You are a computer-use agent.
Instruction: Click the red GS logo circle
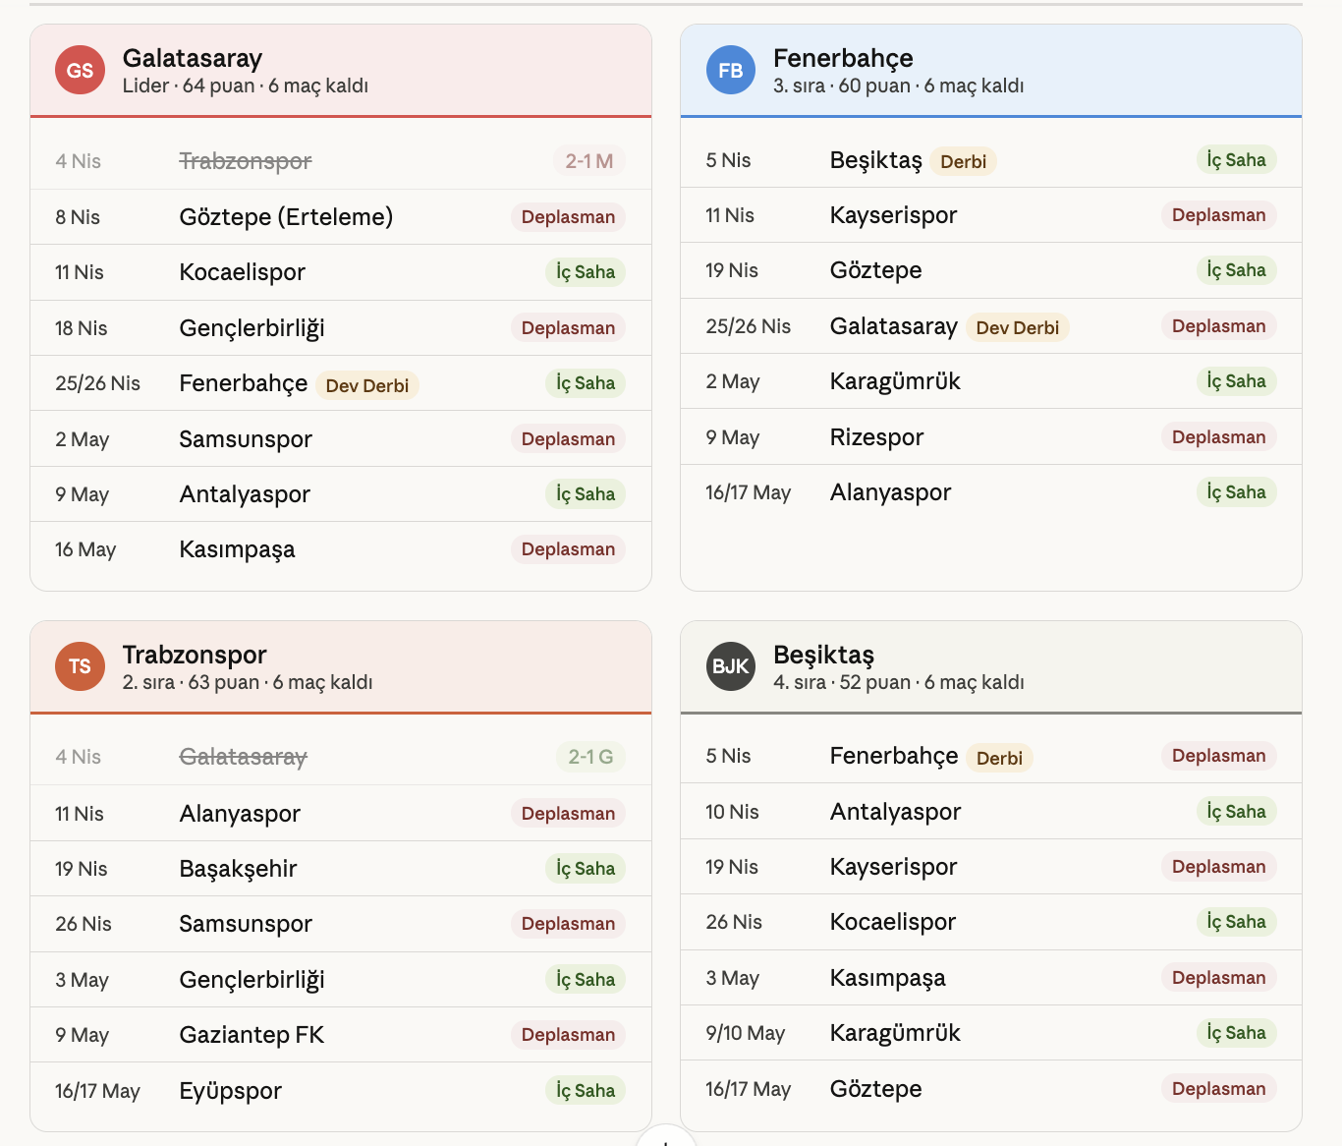tap(80, 70)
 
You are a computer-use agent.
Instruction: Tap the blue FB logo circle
tap(731, 70)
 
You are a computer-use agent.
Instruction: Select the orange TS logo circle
tap(80, 666)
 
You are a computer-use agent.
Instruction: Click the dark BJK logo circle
tap(731, 666)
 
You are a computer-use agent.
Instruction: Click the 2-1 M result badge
tap(588, 161)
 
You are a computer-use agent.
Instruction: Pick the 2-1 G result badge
tap(590, 757)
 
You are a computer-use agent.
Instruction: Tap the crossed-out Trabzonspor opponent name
tap(245, 161)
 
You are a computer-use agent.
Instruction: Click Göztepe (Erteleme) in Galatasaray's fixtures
tap(286, 217)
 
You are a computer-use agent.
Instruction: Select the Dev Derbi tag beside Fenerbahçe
tap(366, 385)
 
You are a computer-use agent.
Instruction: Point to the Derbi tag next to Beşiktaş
tap(963, 161)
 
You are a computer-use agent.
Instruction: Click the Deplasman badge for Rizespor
tap(1218, 437)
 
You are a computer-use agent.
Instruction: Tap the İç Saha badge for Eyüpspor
tap(586, 1090)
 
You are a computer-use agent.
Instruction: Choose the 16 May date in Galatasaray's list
tap(85, 549)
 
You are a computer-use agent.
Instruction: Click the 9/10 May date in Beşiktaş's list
tap(746, 1033)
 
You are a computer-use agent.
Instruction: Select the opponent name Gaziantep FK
tap(252, 1035)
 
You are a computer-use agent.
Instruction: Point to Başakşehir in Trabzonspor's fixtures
tap(238, 869)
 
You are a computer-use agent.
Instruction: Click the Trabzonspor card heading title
tap(195, 655)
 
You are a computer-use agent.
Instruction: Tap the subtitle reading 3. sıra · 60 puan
tap(898, 86)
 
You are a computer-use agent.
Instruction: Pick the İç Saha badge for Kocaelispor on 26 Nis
tap(1236, 922)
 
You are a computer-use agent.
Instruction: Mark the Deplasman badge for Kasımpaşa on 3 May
tap(1218, 978)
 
